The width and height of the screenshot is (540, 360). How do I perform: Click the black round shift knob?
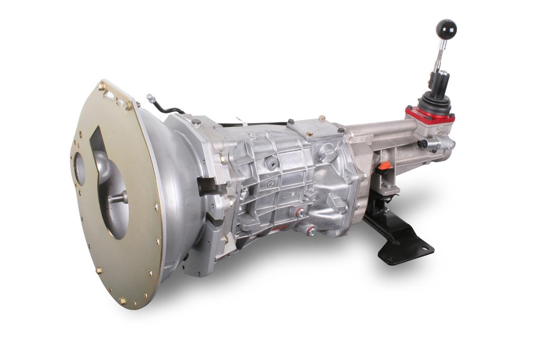tap(446, 29)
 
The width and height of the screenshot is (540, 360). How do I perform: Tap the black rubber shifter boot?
tap(435, 102)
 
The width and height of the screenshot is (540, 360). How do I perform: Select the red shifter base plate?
tap(430, 116)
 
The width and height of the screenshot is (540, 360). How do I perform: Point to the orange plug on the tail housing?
tap(384, 166)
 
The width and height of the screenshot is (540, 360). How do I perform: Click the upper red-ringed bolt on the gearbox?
tap(301, 212)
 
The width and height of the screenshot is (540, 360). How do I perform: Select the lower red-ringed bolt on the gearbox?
tap(312, 230)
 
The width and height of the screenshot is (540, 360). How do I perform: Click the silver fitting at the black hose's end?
tap(151, 98)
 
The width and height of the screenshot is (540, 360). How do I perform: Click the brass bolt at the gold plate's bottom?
tap(122, 301)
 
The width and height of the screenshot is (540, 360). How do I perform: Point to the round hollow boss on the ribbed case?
tap(273, 163)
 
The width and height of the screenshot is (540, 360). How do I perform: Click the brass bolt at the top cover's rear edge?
tap(322, 119)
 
